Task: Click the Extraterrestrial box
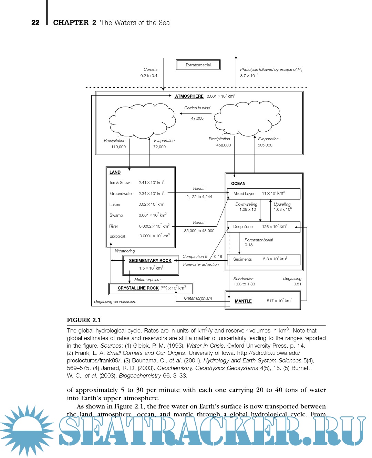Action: (198, 65)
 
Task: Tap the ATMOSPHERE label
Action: (189, 96)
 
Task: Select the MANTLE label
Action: (243, 301)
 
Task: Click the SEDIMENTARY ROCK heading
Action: (150, 261)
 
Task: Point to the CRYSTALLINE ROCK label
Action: (138, 288)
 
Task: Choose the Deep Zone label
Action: (243, 227)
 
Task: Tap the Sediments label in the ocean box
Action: (242, 259)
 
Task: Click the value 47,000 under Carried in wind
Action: (197, 118)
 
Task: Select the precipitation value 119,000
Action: (118, 147)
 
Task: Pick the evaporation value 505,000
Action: (265, 145)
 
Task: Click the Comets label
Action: (151, 69)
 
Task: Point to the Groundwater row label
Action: (121, 194)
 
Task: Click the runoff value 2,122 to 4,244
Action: (199, 197)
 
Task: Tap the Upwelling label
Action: (282, 204)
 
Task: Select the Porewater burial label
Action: (259, 240)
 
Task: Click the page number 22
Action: (35, 23)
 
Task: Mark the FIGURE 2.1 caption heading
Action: (84, 320)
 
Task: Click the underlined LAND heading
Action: (115, 172)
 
